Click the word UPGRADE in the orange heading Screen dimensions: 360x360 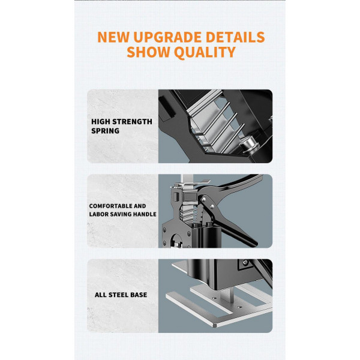167,37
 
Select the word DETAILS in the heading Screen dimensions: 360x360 235,37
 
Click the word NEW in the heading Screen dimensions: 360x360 113,37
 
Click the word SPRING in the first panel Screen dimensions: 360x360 106,131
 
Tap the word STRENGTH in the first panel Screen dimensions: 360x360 132,122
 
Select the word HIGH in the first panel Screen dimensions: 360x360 100,122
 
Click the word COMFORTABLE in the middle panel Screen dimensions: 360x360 110,206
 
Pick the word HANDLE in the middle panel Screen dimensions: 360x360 145,214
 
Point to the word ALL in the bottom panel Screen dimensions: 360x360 101,295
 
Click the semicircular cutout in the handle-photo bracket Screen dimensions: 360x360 176,241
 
